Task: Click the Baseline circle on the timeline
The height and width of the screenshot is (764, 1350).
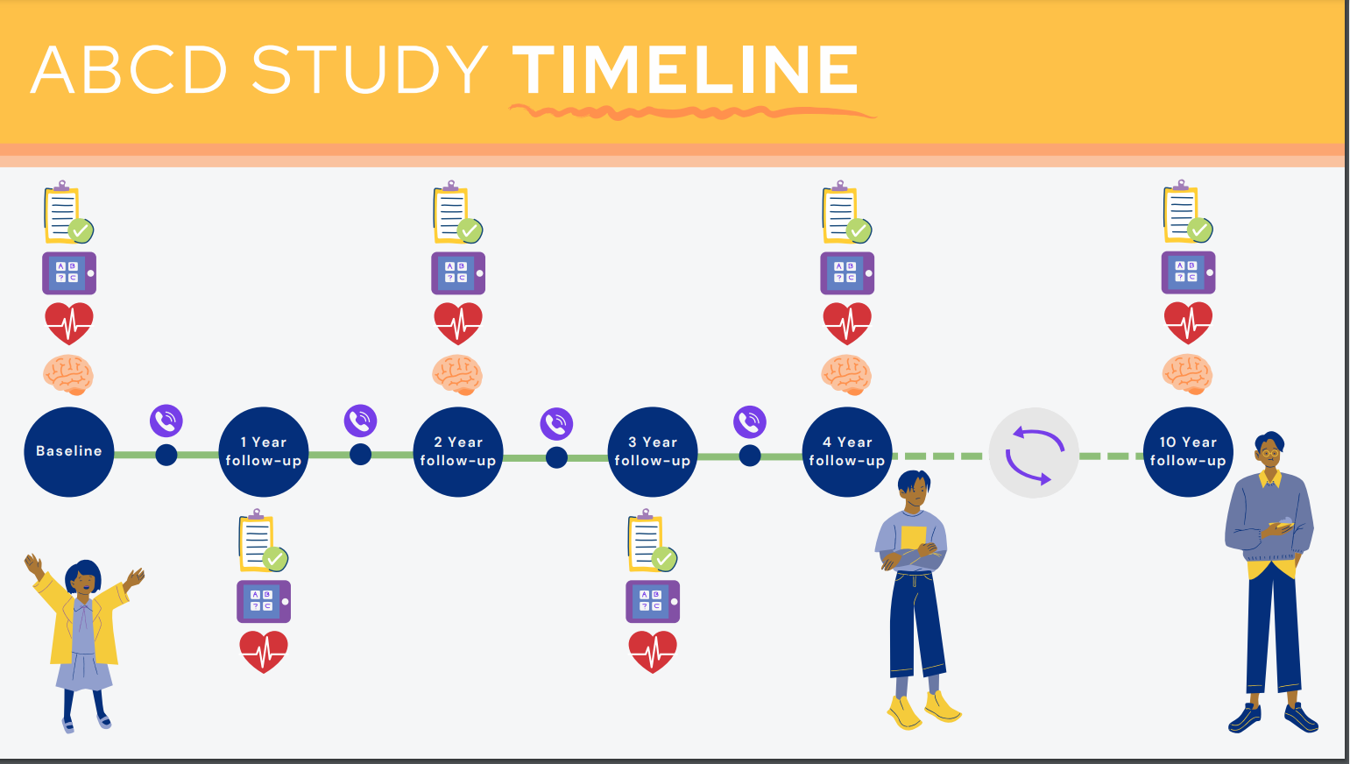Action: [69, 451]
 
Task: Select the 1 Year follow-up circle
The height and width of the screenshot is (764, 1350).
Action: [264, 451]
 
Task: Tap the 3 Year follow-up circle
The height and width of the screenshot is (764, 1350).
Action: [653, 451]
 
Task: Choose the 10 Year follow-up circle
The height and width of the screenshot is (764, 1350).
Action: [1188, 451]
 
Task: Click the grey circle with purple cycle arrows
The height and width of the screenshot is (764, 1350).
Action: [1034, 453]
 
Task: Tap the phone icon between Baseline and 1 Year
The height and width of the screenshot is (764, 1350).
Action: [166, 421]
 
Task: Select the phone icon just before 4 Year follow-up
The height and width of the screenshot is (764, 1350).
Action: [750, 421]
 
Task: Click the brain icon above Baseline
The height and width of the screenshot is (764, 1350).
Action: [68, 375]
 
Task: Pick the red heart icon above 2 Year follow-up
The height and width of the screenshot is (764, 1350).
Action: [458, 323]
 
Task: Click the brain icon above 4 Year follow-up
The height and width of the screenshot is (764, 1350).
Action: [846, 375]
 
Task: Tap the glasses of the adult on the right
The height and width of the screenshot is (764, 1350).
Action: [1269, 453]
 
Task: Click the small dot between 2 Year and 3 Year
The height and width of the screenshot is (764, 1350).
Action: [556, 456]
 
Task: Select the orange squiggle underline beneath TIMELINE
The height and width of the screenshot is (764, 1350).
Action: [692, 112]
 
